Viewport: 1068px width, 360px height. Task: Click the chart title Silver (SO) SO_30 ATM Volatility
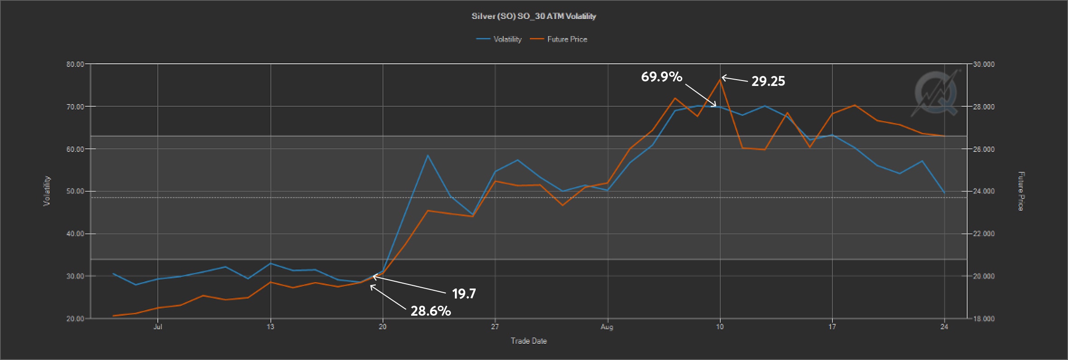(x=534, y=16)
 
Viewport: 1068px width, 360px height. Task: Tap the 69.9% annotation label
(x=662, y=77)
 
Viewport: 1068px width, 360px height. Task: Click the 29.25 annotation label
(x=768, y=81)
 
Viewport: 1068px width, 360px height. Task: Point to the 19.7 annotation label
(x=464, y=294)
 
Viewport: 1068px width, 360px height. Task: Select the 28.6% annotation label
(x=430, y=311)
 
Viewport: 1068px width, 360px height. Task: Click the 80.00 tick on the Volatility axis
(x=75, y=64)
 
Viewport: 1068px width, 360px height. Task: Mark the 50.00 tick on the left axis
(x=75, y=191)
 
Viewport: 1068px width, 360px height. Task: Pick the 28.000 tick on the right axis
(x=983, y=107)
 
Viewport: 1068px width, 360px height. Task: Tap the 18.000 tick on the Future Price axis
(x=983, y=319)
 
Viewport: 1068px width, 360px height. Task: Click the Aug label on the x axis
(x=607, y=327)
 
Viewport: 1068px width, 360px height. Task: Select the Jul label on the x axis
(x=158, y=327)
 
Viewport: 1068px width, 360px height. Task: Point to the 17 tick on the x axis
(x=832, y=327)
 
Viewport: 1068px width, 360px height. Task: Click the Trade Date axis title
(x=529, y=341)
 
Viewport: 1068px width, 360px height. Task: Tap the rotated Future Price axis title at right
(x=1021, y=191)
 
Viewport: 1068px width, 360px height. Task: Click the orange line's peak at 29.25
(x=720, y=80)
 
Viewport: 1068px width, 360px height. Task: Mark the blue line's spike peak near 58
(x=428, y=156)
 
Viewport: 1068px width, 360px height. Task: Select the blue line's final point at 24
(x=944, y=193)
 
